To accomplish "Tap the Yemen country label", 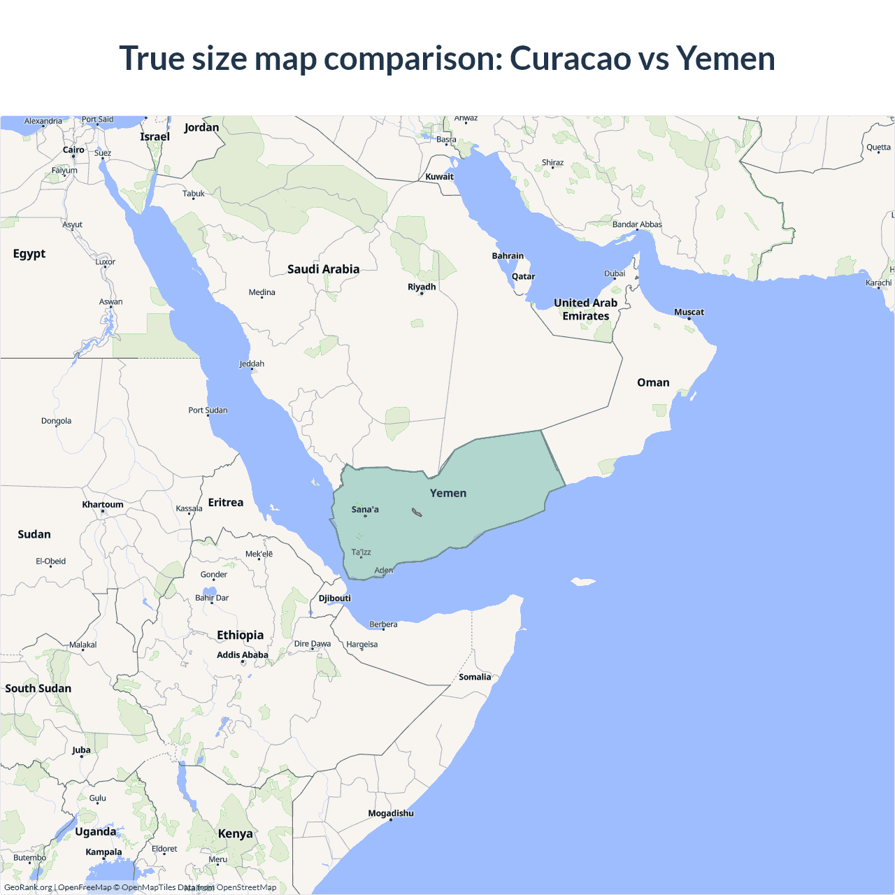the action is [x=448, y=493].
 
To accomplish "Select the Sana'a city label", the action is [x=365, y=509].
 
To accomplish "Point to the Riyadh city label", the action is [x=422, y=287].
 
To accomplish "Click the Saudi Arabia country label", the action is [x=323, y=269].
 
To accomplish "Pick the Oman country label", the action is [x=653, y=382].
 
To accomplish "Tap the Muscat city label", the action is [x=689, y=312].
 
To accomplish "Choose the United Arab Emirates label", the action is [x=586, y=309].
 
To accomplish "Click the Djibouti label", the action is [x=335, y=598].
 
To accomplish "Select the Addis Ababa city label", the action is [x=243, y=654].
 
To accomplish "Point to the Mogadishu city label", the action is [x=391, y=813].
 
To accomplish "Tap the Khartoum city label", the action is [x=103, y=504].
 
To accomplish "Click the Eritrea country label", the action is [x=226, y=502].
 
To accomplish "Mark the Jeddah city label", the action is [x=252, y=364].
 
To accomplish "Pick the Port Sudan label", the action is [x=208, y=410].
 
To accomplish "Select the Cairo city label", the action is [x=73, y=150].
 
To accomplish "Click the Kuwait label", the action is [x=439, y=176].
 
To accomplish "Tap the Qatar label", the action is [x=523, y=276].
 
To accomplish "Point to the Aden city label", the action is [x=384, y=570].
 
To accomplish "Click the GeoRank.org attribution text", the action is [x=28, y=887].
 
